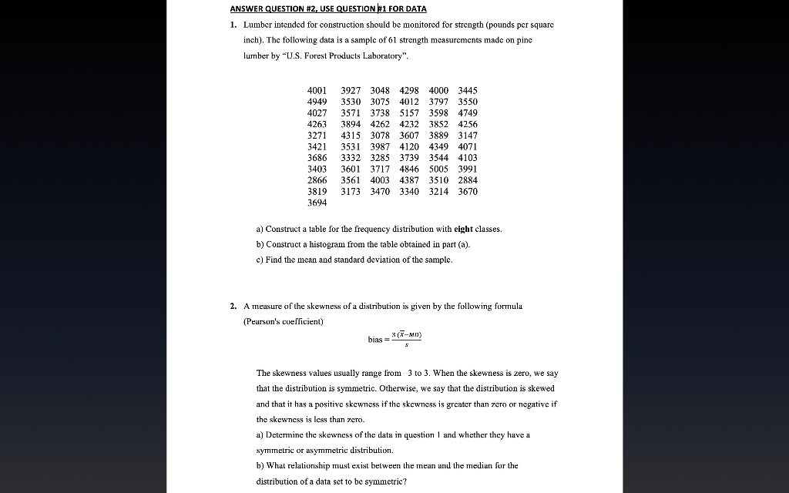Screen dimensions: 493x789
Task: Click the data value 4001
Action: pos(317,90)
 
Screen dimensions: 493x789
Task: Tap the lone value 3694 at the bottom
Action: pos(317,203)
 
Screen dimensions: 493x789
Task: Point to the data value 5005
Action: pos(438,169)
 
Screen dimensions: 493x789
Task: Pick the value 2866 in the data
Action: pos(317,180)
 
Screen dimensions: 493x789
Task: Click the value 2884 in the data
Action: pos(468,180)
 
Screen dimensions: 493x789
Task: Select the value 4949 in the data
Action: pos(317,102)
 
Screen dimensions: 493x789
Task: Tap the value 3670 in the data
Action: pos(468,192)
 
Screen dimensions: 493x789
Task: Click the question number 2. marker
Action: pos(233,306)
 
